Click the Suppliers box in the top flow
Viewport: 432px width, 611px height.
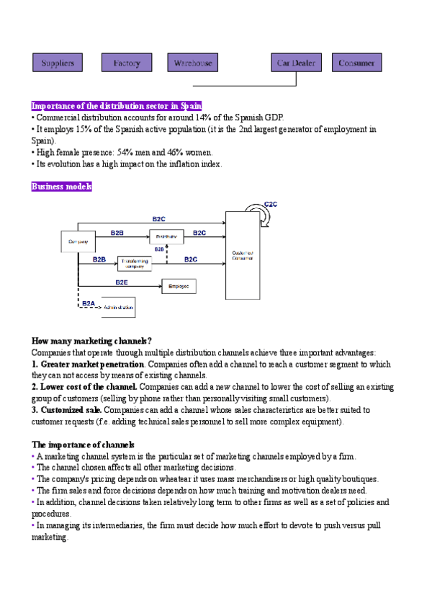[58, 63]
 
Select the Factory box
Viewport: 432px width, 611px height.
[127, 63]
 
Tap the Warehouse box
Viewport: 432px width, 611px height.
[192, 63]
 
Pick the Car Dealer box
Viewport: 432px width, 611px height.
[296, 63]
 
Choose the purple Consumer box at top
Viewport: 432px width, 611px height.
[356, 63]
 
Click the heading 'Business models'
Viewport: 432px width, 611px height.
[61, 187]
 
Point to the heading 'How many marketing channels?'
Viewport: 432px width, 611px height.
[91, 341]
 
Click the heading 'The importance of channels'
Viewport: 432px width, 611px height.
[83, 445]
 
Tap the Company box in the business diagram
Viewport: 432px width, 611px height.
[78, 241]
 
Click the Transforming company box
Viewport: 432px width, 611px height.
[134, 263]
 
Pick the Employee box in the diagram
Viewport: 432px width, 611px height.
[179, 287]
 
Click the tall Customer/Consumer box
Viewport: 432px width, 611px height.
[242, 256]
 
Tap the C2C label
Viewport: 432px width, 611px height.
[271, 205]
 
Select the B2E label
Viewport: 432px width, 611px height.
[122, 282]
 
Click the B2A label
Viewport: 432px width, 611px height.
[88, 303]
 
